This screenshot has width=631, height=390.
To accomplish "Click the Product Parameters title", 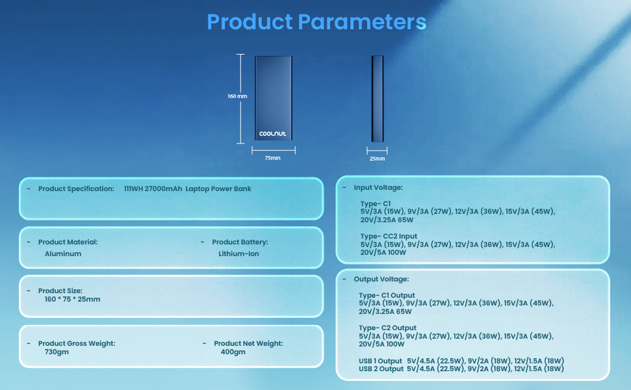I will tap(316, 21).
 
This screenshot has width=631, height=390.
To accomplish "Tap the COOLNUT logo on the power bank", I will tap(273, 134).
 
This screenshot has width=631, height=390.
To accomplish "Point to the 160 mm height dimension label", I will tap(237, 96).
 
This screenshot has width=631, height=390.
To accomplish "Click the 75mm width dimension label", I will tap(273, 158).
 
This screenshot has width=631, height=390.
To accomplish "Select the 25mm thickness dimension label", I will tap(377, 159).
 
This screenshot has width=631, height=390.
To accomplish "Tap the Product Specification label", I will tap(76, 189).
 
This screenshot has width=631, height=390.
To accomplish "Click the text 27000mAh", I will tap(162, 189).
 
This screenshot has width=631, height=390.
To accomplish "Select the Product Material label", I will tap(68, 242).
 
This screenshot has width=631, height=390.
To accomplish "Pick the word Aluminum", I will tap(63, 254).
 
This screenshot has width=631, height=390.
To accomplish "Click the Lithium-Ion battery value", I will tap(238, 254).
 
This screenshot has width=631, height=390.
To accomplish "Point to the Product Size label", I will tap(60, 291).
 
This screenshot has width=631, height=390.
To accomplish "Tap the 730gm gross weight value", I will tap(57, 352).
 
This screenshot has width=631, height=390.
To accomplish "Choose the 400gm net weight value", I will tap(233, 352).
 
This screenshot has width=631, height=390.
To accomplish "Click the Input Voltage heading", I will tap(378, 188).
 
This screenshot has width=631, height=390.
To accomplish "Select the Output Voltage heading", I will tap(381, 279).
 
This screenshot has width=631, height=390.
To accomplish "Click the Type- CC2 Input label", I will tap(389, 237).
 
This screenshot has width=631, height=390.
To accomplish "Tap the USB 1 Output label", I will tap(381, 361).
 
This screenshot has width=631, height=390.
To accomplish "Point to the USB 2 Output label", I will tap(381, 369).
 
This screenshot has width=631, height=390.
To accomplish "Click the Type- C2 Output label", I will tap(387, 328).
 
